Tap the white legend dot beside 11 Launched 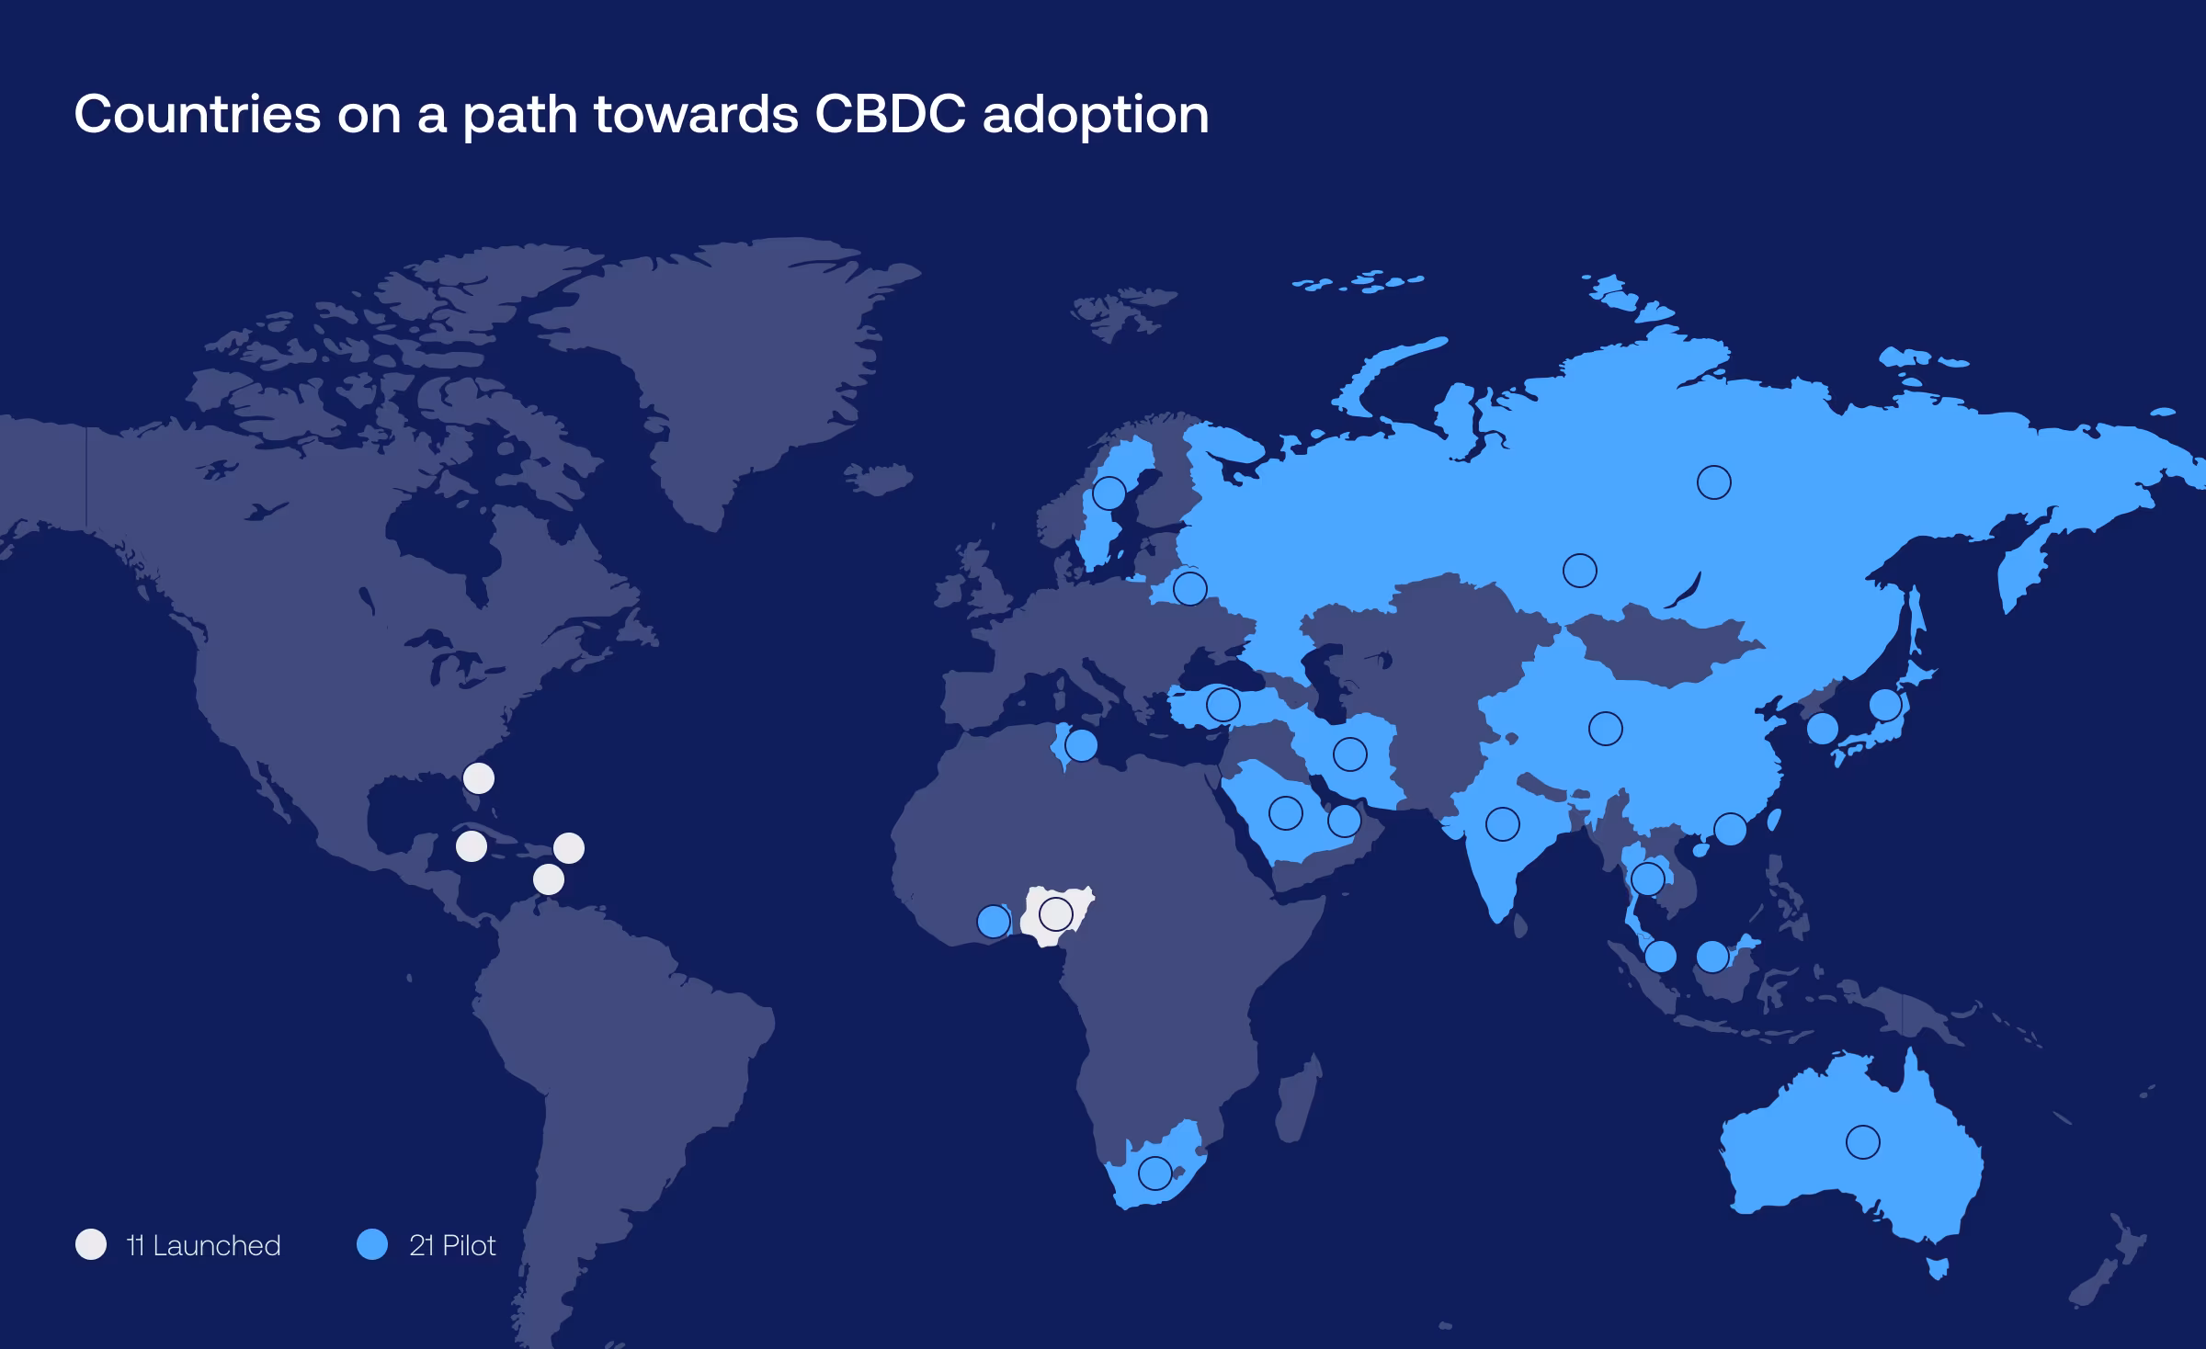coord(91,1244)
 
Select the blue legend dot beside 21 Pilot coord(372,1244)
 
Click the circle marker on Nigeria coord(1055,914)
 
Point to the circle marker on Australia coord(1862,1142)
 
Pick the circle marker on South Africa coord(1154,1173)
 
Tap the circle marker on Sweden coord(1109,493)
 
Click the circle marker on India coord(1502,824)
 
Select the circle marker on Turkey coord(1222,705)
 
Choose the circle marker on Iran coord(1349,754)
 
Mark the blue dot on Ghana coord(993,921)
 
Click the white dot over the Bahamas coord(478,778)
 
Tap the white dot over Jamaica coord(472,846)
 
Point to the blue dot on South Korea coord(1822,729)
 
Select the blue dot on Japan coord(1885,705)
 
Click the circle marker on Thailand coord(1647,879)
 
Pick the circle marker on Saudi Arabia coord(1285,812)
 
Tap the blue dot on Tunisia coord(1081,745)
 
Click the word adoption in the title coord(1096,116)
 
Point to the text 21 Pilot coord(452,1245)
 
